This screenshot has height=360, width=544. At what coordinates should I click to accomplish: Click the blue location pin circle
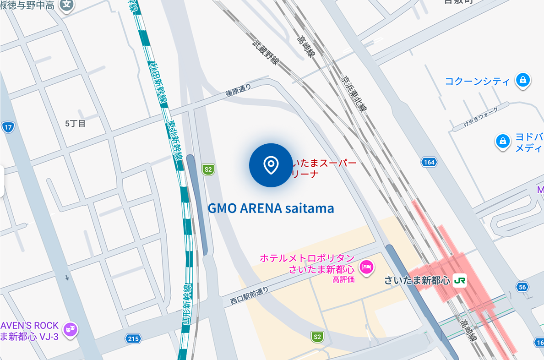pyautogui.click(x=271, y=165)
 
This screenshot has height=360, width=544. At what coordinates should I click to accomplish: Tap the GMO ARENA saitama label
pyautogui.click(x=271, y=208)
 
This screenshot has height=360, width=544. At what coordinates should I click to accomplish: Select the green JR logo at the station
pyautogui.click(x=459, y=281)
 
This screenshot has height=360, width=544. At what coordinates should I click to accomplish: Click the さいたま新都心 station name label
pyautogui.click(x=417, y=281)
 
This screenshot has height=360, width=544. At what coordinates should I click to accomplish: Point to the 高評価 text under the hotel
pyautogui.click(x=343, y=279)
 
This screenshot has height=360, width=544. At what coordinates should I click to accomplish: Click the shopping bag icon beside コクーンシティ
pyautogui.click(x=522, y=80)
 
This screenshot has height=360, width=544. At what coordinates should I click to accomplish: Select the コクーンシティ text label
pyautogui.click(x=477, y=82)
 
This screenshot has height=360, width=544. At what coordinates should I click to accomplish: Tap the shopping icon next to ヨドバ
pyautogui.click(x=503, y=142)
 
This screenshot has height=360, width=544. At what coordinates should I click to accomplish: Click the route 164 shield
pyautogui.click(x=429, y=162)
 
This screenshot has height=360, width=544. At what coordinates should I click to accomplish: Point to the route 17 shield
pyautogui.click(x=7, y=127)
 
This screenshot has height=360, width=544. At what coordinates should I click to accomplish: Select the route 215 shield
pyautogui.click(x=133, y=338)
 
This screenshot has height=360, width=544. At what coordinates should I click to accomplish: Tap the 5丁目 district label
pyautogui.click(x=75, y=123)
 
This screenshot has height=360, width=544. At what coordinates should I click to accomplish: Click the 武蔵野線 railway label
pyautogui.click(x=265, y=53)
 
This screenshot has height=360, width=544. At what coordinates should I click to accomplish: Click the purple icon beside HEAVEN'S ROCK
pyautogui.click(x=70, y=329)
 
